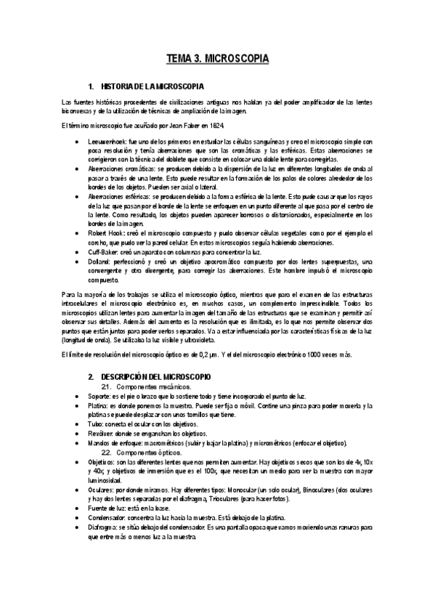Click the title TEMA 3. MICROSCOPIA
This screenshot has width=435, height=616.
click(x=217, y=57)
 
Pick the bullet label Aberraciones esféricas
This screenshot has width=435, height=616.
click(x=116, y=196)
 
